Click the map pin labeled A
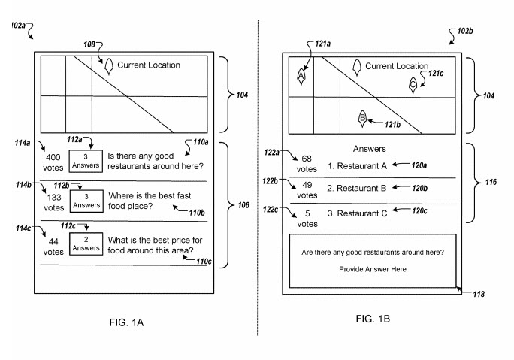(301, 75)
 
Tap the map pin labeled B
(362, 117)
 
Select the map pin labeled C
(413, 85)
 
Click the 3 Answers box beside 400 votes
(86, 161)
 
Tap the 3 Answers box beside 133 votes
(86, 201)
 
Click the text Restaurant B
(357, 187)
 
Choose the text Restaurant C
(357, 213)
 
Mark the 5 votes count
(307, 218)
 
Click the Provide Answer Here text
(372, 269)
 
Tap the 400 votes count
(53, 162)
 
